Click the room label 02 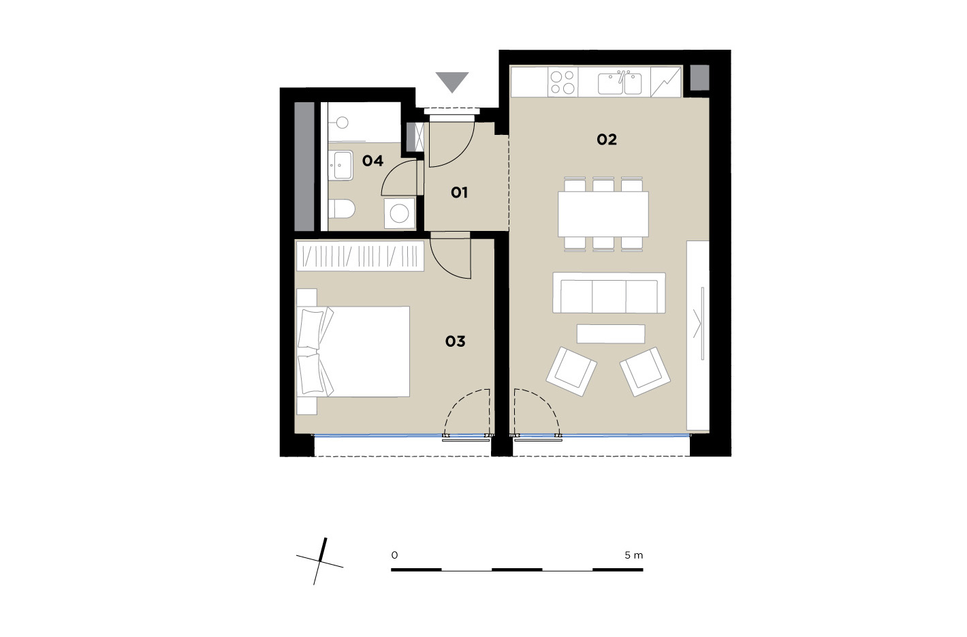(x=607, y=140)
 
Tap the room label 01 (x=459, y=193)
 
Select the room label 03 (x=455, y=341)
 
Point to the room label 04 (x=372, y=161)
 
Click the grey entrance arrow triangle (x=452, y=82)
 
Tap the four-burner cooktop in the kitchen (x=563, y=82)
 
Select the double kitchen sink (x=620, y=83)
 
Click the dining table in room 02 (x=603, y=214)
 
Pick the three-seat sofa (x=609, y=293)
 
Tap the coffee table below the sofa (x=611, y=334)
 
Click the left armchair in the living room (x=571, y=371)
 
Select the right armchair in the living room (x=645, y=371)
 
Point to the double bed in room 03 (x=353, y=352)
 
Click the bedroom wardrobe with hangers (x=360, y=255)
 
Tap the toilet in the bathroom (x=341, y=209)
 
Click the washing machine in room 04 (x=399, y=213)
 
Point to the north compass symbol (x=320, y=561)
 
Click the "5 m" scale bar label (x=634, y=555)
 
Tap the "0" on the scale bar (x=394, y=555)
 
